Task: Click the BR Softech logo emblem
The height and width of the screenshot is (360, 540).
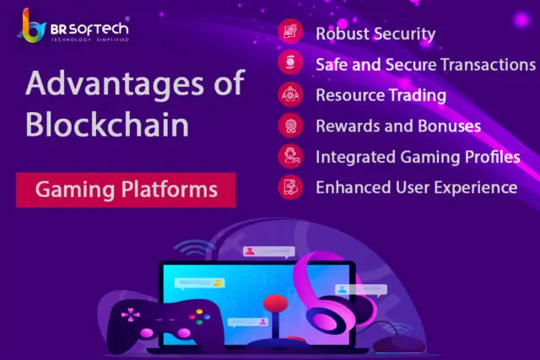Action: [32, 26]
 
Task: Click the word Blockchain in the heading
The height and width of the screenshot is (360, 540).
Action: [107, 125]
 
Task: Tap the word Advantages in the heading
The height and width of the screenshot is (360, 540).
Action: [115, 83]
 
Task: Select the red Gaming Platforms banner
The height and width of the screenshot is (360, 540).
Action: [126, 190]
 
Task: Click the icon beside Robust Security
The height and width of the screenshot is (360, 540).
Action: [290, 31]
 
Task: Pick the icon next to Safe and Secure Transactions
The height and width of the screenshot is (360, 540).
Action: [290, 62]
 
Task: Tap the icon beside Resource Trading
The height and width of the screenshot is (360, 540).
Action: [290, 94]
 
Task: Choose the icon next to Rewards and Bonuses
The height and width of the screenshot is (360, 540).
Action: [290, 126]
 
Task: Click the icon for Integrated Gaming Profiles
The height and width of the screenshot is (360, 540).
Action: [290, 156]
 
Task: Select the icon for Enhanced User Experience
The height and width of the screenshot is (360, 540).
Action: [290, 187]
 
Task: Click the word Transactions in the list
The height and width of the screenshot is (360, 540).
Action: [489, 65]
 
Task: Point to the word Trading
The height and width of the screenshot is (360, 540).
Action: [418, 95]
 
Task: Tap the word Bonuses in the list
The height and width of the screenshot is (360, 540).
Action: [450, 126]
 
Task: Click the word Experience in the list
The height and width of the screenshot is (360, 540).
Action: [476, 188]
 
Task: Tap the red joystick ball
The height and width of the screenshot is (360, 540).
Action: [276, 304]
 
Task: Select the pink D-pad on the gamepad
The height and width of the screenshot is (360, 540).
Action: [131, 314]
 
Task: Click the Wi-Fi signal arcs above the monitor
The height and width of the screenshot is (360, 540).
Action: [195, 247]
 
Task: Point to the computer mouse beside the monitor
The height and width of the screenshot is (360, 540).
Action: [399, 343]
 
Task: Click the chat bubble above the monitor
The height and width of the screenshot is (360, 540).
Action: [269, 252]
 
